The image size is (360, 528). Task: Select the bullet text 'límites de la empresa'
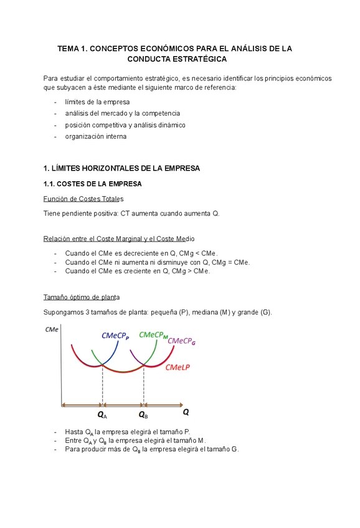tap(97, 102)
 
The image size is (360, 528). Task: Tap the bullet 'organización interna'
tap(95, 136)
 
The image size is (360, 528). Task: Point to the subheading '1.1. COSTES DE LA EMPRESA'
tap(93, 184)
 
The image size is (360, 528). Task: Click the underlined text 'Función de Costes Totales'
tap(83, 199)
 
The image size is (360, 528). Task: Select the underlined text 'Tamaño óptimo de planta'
tap(82, 296)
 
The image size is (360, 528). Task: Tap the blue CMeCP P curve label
tap(115, 336)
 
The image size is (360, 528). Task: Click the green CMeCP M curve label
tap(154, 335)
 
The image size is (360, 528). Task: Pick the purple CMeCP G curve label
tap(182, 341)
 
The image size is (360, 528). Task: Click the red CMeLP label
tap(178, 367)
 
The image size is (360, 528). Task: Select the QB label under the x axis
tap(143, 414)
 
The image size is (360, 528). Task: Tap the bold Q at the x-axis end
tap(186, 412)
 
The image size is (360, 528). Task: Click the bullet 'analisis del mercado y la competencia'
tap(122, 113)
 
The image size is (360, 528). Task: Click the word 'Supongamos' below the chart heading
tap(63, 311)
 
